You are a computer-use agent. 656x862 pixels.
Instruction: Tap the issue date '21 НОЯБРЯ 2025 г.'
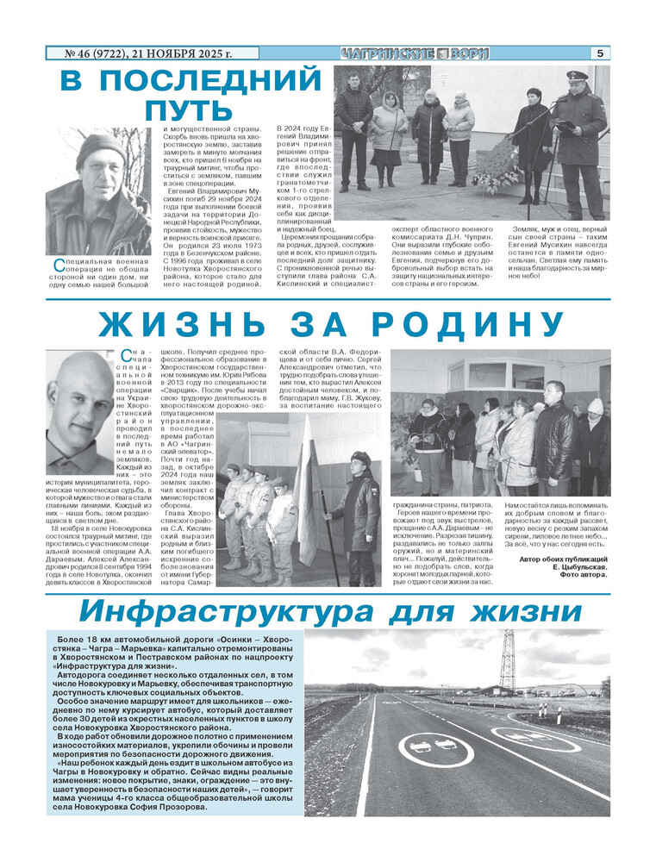pyautogui.click(x=180, y=53)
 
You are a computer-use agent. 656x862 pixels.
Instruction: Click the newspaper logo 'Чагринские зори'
pyautogui.click(x=415, y=53)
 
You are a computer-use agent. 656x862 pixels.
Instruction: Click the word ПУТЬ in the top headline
pyautogui.click(x=189, y=110)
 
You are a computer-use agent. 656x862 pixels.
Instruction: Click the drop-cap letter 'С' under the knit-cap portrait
pyautogui.click(x=57, y=261)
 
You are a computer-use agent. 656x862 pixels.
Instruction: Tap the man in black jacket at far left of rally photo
pyautogui.click(x=354, y=129)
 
